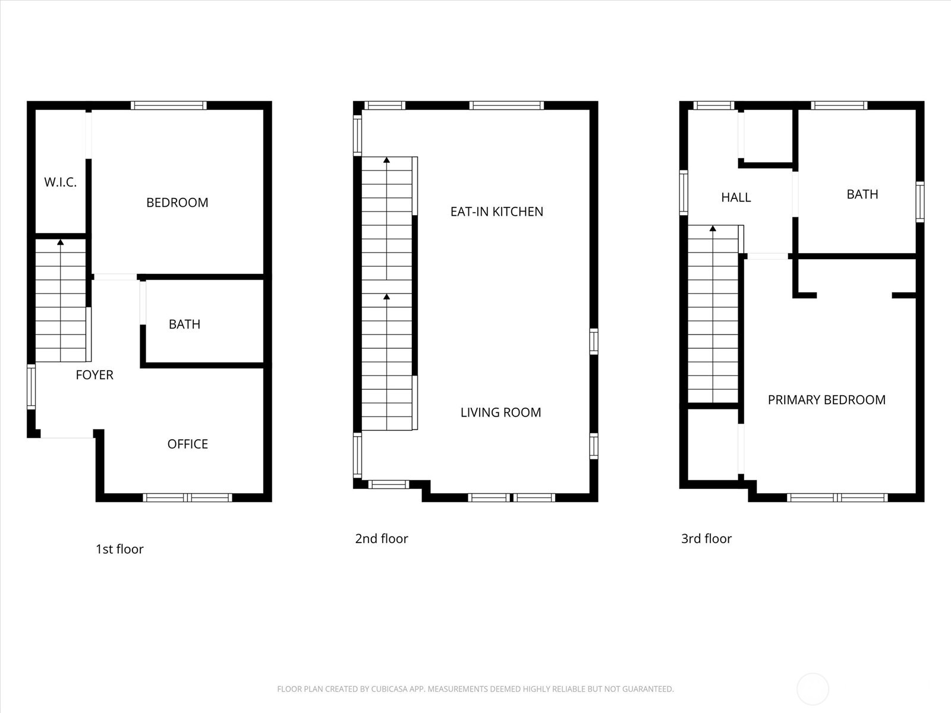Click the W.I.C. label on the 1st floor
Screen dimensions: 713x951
pos(60,182)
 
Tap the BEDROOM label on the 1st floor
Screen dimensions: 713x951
pos(177,203)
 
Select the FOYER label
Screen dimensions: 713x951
pos(95,375)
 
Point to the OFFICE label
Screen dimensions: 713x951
pos(187,444)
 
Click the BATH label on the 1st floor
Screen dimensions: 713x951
pos(184,324)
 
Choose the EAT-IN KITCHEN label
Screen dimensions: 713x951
pos(496,212)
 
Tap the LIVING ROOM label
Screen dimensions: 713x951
pos(500,412)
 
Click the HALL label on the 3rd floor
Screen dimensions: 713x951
pos(736,197)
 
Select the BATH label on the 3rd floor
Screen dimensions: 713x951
pos(862,194)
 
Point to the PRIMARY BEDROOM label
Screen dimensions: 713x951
pos(826,400)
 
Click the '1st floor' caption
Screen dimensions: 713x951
pos(119,549)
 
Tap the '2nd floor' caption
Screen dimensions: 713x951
pos(381,539)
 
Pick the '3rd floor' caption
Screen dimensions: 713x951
pos(706,539)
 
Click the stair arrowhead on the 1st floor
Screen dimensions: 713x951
pos(60,242)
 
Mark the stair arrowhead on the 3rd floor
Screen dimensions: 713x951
pos(712,228)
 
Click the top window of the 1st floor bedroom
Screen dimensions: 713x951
pos(169,106)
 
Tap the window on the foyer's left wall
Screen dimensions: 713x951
pos(32,387)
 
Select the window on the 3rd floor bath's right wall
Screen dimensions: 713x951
pos(920,202)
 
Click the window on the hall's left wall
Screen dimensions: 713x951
pos(684,193)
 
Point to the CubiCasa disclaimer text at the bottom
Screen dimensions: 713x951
pos(475,689)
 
